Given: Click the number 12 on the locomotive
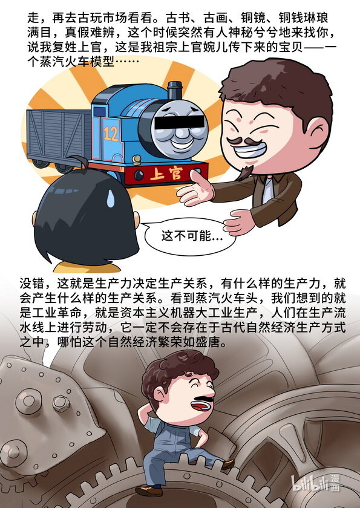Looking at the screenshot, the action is click(111, 134).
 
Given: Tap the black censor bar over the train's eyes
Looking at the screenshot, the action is click(180, 122).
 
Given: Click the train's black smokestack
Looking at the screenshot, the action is click(175, 90).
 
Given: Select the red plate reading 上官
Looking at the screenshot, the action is click(166, 174).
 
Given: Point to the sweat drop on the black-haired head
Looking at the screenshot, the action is click(111, 198).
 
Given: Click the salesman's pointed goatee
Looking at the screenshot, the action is click(246, 173).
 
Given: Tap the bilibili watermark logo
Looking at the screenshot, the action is click(315, 483).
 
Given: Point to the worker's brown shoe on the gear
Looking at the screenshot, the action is click(227, 464).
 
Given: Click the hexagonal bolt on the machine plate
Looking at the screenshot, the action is click(61, 404).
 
